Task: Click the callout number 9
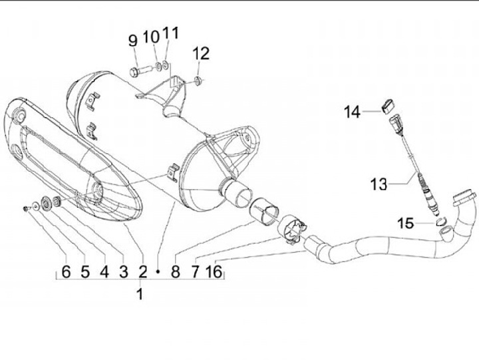pos(132,41)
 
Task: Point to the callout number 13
pos(378,184)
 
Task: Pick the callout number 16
pos(214,271)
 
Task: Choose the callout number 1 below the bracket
pos(140,293)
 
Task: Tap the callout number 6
pos(66,271)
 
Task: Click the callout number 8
pos(175,271)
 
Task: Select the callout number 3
pos(123,271)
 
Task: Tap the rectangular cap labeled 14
pos(388,103)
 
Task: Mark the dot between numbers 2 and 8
pos(158,271)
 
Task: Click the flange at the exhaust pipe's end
pos(464,198)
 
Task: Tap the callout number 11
pos(170,33)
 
